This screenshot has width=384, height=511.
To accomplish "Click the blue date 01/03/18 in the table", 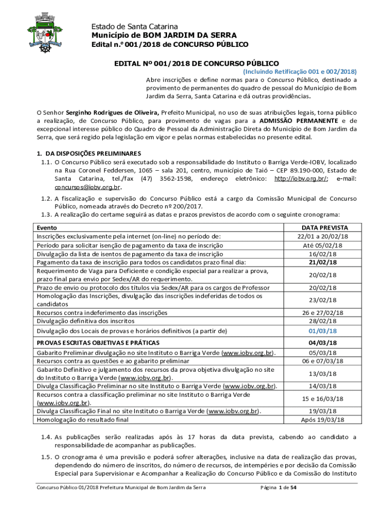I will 322,331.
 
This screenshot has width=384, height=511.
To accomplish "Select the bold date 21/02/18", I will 322,262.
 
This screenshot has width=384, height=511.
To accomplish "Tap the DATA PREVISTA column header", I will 322,228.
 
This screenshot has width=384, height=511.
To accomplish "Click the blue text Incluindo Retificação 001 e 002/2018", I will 300,72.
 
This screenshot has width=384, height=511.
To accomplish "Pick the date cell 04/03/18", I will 322,343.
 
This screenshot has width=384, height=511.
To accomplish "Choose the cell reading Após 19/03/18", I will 322,420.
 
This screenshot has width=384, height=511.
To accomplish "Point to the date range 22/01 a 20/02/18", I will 322,236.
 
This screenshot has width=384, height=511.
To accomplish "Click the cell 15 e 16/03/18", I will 322,399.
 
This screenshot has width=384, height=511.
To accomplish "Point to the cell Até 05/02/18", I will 322,245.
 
